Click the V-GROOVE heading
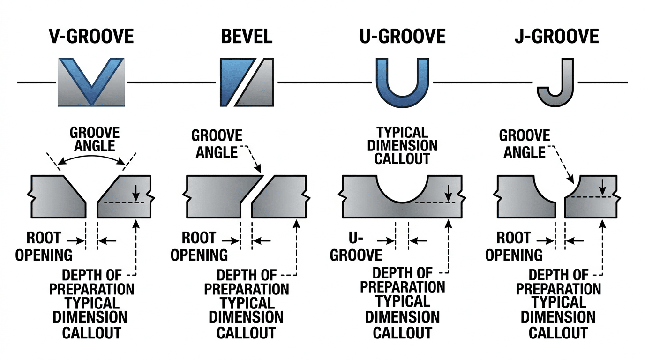click(91, 36)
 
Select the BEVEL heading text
click(247, 36)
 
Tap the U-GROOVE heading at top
click(402, 36)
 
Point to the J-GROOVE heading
click(556, 36)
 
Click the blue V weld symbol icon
click(91, 82)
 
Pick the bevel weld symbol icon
click(247, 82)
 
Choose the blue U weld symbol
click(403, 82)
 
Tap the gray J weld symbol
click(557, 82)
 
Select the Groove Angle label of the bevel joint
click(217, 144)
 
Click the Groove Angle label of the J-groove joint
click(524, 144)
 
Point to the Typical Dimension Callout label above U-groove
click(402, 145)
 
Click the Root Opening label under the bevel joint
click(199, 246)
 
